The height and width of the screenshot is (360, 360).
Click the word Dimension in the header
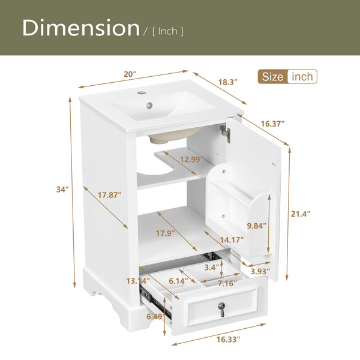click(x=81, y=28)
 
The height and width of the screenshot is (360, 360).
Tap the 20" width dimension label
click(x=130, y=74)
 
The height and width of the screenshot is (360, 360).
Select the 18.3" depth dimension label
click(x=227, y=82)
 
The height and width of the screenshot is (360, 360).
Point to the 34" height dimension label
click(x=62, y=190)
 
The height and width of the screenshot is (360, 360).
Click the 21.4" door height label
click(x=301, y=214)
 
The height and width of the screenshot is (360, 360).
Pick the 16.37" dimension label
click(x=272, y=124)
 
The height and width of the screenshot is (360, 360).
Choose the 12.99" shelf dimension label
click(x=192, y=159)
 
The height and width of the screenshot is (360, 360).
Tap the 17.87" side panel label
click(x=110, y=195)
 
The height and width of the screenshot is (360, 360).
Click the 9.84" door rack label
click(x=256, y=226)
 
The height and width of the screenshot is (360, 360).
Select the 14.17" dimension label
click(x=232, y=240)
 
